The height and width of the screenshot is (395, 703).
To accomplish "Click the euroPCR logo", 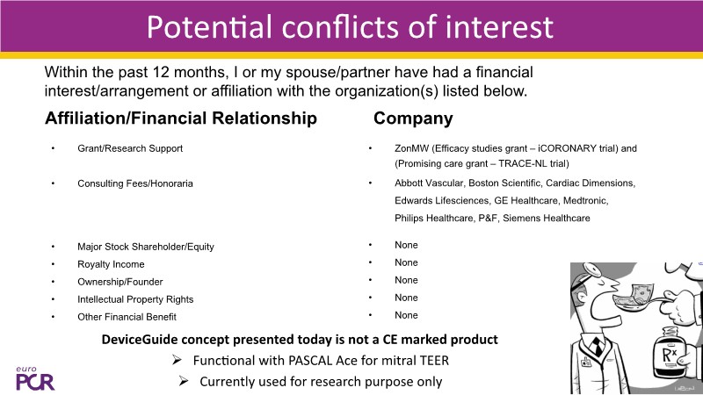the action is pyautogui.click(x=35, y=378).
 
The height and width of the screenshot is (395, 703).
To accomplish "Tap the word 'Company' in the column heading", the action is pyautogui.click(x=413, y=118).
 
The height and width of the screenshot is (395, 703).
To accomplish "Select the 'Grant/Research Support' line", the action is pyautogui.click(x=130, y=148).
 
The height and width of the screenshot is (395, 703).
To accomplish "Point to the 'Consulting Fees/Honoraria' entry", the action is pyautogui.click(x=135, y=183).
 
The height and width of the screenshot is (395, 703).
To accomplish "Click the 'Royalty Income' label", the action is pyautogui.click(x=111, y=264).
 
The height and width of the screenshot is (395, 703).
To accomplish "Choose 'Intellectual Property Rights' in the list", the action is pyautogui.click(x=135, y=299).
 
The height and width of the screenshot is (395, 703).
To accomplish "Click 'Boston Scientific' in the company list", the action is pyautogui.click(x=504, y=183).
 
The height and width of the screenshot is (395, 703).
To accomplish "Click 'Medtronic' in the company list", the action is pyautogui.click(x=585, y=200).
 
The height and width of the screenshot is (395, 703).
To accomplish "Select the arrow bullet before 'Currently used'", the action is pyautogui.click(x=184, y=381).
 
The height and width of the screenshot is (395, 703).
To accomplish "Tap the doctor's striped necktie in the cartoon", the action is pyautogui.click(x=598, y=346).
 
